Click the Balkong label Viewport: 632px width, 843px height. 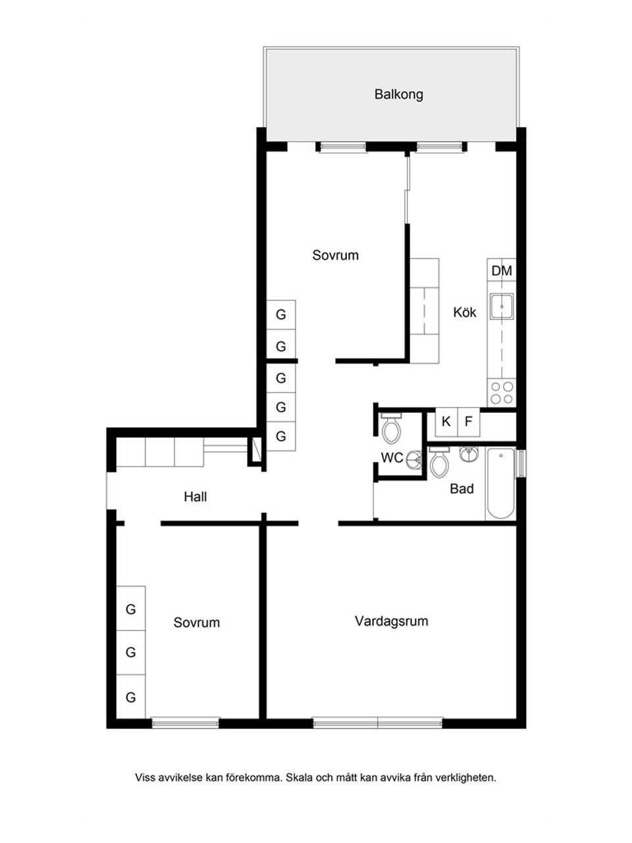point(399,94)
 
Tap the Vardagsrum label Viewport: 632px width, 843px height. point(392,622)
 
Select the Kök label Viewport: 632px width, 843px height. point(464,312)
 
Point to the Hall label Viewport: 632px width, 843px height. point(196,497)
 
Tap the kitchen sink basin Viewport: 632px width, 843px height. point(502,307)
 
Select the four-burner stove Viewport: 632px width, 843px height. point(502,393)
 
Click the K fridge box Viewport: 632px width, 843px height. point(446,421)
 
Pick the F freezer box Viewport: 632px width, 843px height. point(469,421)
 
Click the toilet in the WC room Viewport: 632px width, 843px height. point(392,428)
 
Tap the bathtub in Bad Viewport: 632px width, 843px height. point(500,483)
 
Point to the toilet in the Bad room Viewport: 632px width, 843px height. point(439,462)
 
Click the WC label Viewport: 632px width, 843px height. point(392,458)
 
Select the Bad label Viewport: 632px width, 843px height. point(461,489)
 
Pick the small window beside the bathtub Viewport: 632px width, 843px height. point(520,464)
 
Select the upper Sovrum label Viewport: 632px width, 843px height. point(335,255)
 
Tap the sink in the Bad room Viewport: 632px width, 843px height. point(469,454)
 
